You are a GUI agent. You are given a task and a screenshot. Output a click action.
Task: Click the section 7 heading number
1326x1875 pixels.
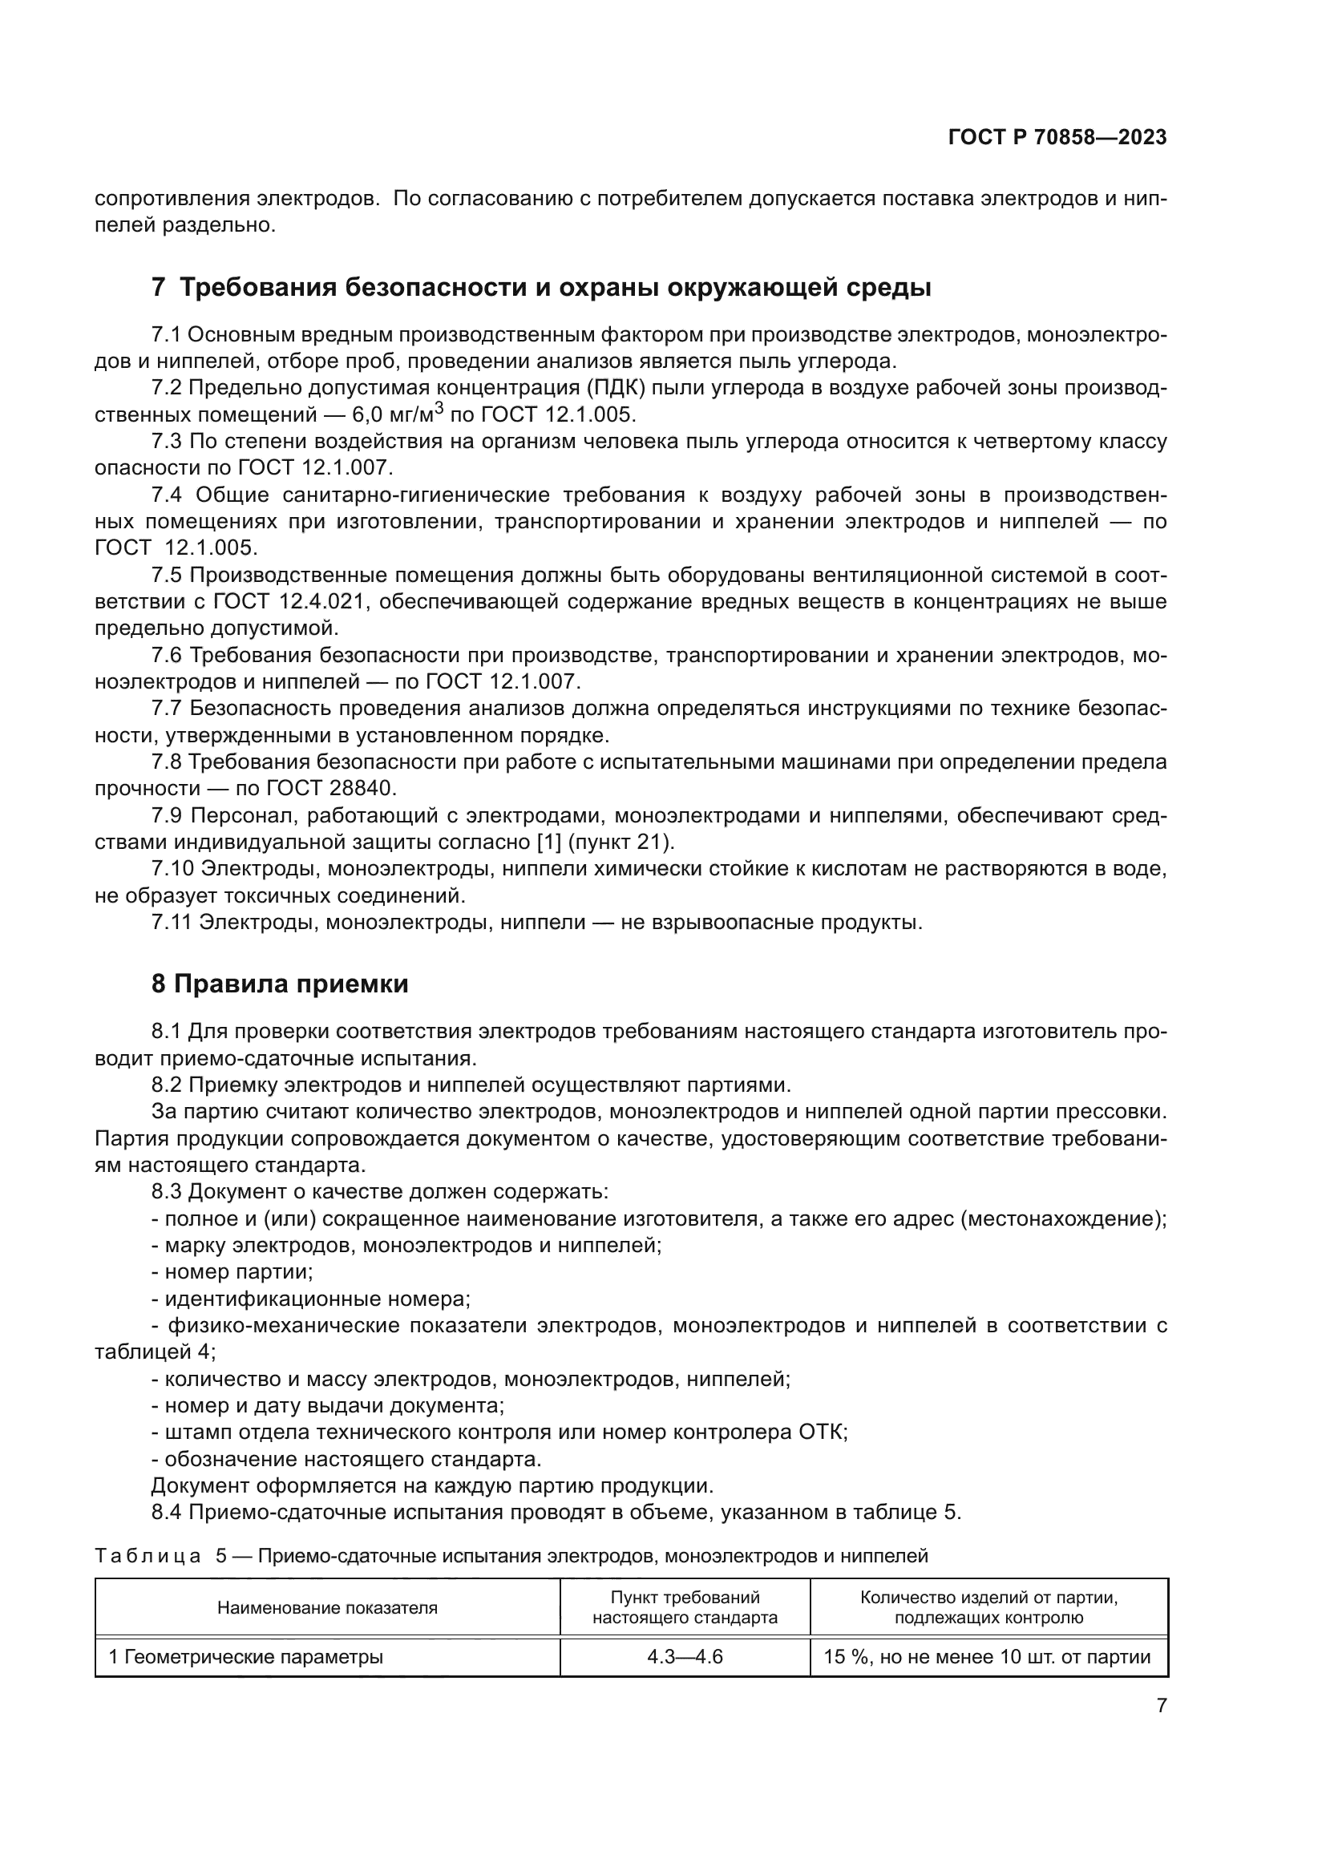point(159,288)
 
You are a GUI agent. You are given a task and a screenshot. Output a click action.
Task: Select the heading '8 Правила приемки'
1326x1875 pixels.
point(279,984)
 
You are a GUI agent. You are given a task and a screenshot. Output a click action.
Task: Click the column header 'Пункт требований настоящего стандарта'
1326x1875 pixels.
point(684,1607)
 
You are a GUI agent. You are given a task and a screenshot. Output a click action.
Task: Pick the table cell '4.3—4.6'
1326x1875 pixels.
point(684,1657)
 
